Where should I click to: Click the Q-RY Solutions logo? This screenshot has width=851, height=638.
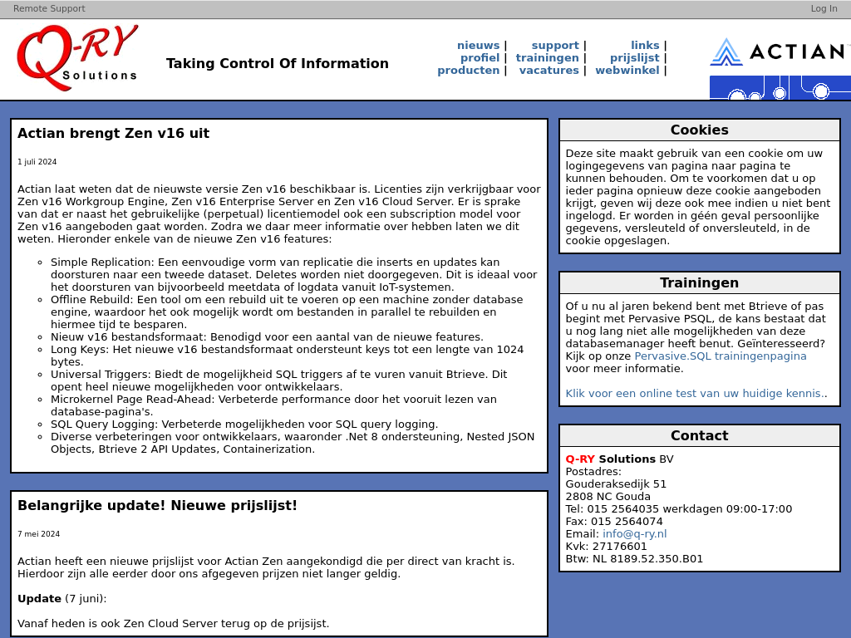tap(77, 57)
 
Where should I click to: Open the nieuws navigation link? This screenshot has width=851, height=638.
tap(478, 46)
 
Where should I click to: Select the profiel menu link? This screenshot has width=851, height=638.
tap(480, 58)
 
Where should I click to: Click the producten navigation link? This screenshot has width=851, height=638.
tap(468, 71)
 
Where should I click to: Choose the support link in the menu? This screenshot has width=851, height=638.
tap(555, 46)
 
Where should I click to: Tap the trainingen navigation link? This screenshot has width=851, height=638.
tap(547, 58)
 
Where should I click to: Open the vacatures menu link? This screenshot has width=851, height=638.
tap(548, 71)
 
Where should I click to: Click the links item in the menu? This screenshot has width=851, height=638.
tap(645, 46)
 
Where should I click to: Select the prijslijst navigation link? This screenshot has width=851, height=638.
tap(634, 58)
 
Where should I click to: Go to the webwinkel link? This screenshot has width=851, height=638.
tap(627, 71)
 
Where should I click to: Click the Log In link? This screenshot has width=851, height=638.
tap(824, 9)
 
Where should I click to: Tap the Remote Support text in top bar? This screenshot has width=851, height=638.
tap(49, 9)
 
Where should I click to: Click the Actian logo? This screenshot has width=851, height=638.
tap(780, 52)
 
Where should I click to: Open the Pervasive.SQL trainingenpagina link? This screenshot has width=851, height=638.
tap(720, 356)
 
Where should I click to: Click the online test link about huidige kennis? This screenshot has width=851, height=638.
tap(694, 394)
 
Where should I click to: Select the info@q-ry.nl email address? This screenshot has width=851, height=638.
tap(634, 534)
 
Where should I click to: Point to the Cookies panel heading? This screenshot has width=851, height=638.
tap(699, 130)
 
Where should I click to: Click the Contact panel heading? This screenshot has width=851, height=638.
tap(699, 436)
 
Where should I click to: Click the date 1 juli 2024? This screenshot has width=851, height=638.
tap(37, 162)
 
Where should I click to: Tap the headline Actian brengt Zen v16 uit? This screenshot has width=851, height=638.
tap(113, 134)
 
